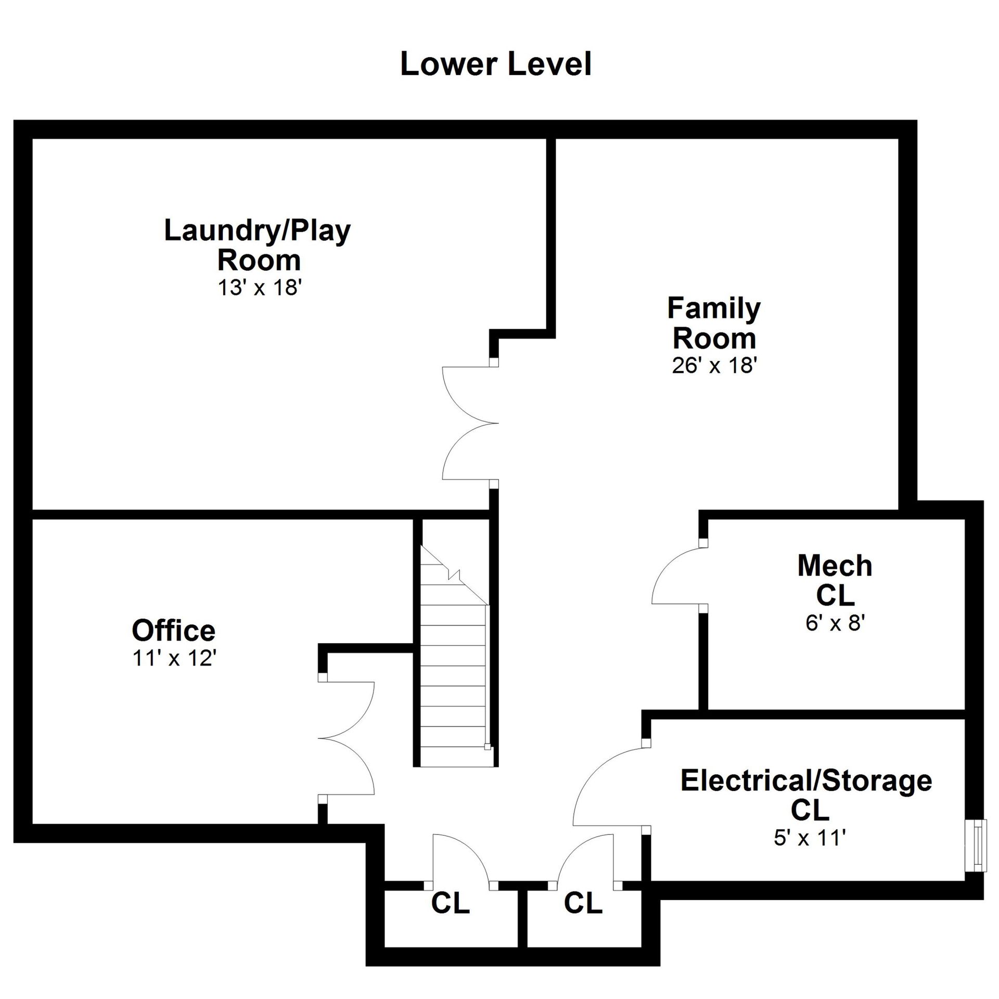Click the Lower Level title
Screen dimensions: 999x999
coord(495,64)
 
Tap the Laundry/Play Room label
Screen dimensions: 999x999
coord(258,245)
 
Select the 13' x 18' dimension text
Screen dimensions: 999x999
coord(260,287)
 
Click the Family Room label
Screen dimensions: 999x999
coord(714,323)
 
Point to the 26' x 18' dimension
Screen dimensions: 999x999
coord(714,365)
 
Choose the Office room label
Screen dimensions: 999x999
coord(173,630)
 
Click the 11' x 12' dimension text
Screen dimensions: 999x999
coord(174,658)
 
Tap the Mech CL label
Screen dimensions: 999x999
coord(835,580)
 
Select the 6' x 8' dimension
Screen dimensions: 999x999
coord(835,622)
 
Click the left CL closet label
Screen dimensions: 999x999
coord(450,903)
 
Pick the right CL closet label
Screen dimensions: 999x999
coord(583,903)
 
